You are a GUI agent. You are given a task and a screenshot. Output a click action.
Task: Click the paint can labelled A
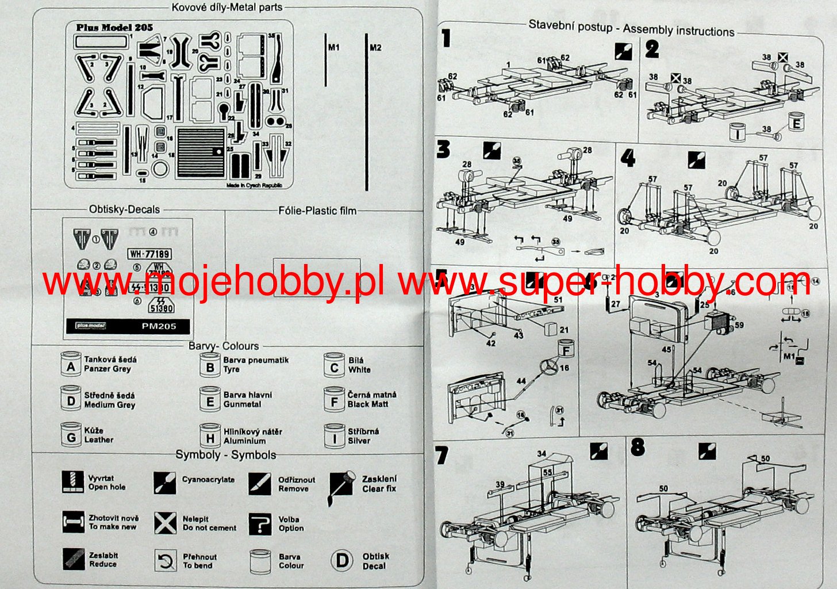tap(71, 365)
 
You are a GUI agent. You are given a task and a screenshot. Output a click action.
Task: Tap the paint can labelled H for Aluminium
tap(210, 435)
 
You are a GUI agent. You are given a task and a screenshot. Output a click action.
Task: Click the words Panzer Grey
tap(107, 369)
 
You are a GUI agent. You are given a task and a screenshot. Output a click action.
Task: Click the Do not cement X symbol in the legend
tap(166, 523)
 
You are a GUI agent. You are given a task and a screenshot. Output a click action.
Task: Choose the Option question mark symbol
tap(260, 523)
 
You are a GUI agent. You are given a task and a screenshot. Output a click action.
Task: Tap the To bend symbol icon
tap(166, 561)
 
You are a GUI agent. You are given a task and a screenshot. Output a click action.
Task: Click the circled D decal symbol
tap(342, 561)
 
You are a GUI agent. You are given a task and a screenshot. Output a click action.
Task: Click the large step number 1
tap(446, 40)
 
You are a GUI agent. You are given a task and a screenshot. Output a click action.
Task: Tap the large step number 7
tap(441, 455)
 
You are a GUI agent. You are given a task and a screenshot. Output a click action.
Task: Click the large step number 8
tap(638, 448)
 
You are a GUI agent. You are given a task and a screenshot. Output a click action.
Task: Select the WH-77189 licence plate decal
tap(150, 254)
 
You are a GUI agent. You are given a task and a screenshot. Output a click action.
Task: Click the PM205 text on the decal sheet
tap(159, 326)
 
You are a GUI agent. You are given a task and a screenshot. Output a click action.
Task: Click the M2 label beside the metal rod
tap(375, 48)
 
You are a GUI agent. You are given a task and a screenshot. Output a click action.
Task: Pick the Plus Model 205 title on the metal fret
tap(114, 28)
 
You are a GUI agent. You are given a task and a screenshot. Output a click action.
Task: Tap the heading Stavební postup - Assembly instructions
tap(631, 28)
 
